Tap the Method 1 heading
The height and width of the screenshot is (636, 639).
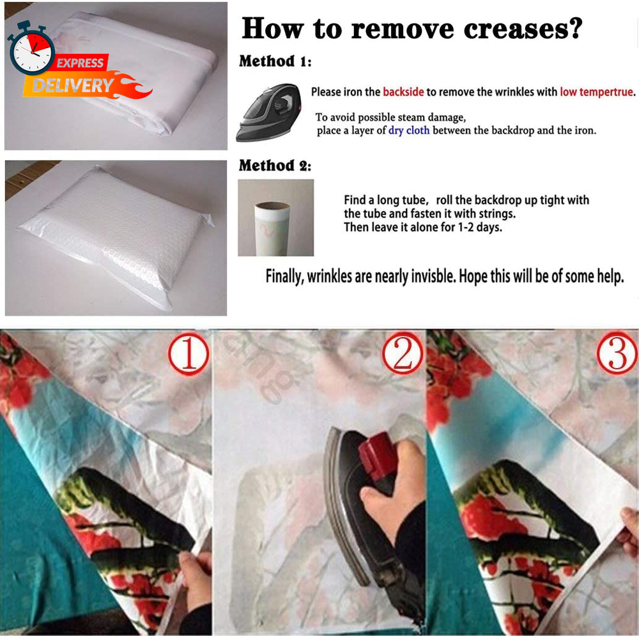(x=275, y=61)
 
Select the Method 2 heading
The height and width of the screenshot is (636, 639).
(x=275, y=166)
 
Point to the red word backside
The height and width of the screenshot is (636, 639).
(x=403, y=92)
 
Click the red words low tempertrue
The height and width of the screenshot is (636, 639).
(x=597, y=92)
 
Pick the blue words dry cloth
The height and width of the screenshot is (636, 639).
(x=409, y=130)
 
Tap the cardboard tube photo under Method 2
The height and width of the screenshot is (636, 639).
(x=276, y=218)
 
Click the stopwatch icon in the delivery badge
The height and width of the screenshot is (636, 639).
(x=31, y=49)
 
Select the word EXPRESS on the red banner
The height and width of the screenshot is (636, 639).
(x=80, y=63)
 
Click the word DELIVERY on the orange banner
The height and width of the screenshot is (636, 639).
(x=73, y=86)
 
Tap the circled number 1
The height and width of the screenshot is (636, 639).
(x=189, y=353)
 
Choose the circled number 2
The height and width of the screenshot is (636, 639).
(x=403, y=353)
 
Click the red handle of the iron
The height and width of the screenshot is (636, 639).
(x=377, y=456)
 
